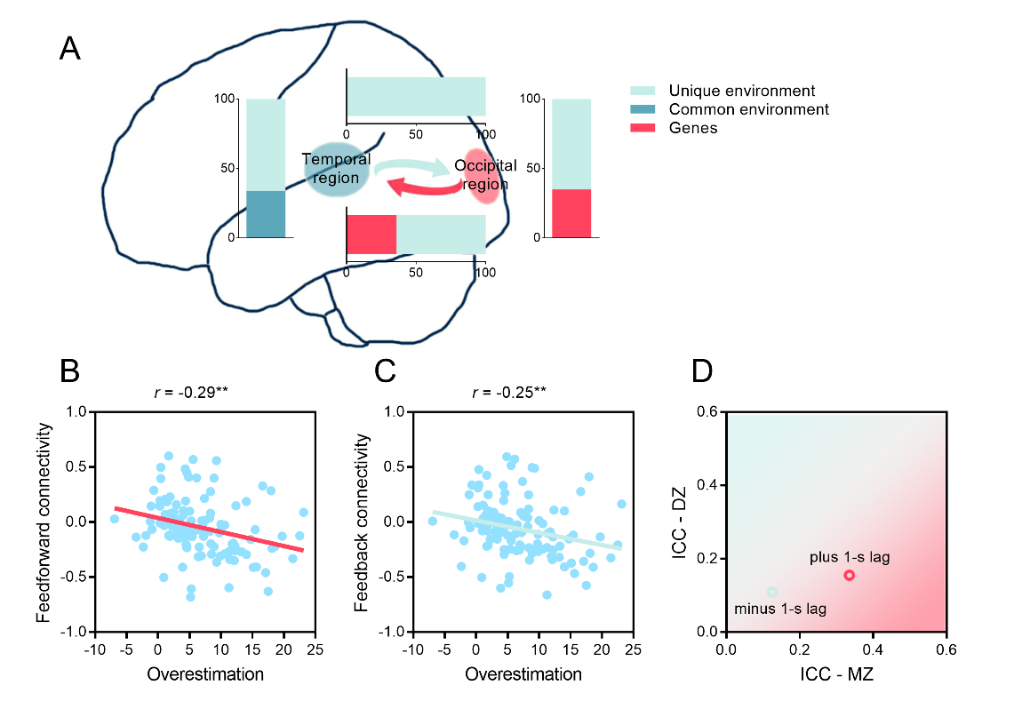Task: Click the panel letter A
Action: (69, 48)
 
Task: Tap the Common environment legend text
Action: (748, 109)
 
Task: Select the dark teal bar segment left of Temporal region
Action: (266, 214)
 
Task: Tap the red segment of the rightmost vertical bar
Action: (571, 213)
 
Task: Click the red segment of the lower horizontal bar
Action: (371, 235)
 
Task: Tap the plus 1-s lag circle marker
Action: (849, 575)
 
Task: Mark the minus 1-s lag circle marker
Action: (771, 592)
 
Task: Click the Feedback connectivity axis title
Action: (361, 522)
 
